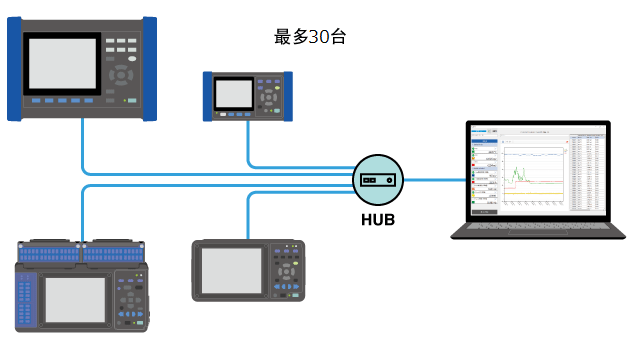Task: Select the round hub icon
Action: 377,180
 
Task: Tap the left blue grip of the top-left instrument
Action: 14,68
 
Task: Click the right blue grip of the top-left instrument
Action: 150,68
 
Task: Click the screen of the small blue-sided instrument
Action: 232,93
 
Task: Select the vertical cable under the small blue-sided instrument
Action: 249,140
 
